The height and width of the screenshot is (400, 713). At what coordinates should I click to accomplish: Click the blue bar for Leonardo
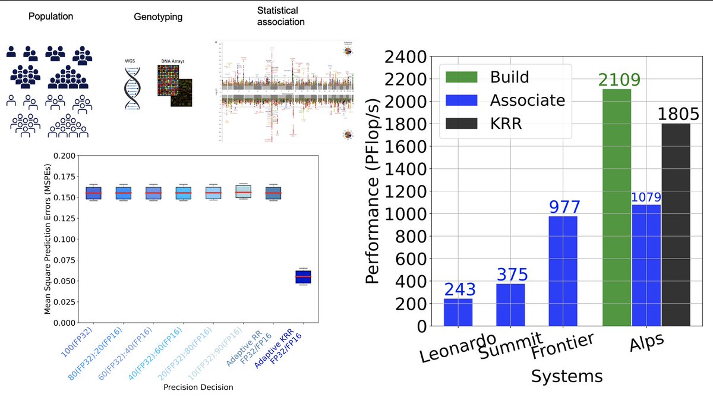(458, 312)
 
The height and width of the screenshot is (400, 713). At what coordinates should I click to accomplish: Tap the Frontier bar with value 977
(563, 271)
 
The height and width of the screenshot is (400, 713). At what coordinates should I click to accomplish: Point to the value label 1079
(646, 197)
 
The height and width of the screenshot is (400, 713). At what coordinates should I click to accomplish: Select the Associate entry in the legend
(505, 100)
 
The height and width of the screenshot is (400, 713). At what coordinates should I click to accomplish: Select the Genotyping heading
(157, 17)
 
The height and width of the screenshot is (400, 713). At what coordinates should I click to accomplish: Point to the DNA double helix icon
(133, 88)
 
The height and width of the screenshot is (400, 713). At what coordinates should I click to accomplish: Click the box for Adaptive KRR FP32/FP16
(303, 277)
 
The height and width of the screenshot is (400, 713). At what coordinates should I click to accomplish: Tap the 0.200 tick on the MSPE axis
(66, 156)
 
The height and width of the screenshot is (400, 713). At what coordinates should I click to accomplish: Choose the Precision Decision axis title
(199, 388)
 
